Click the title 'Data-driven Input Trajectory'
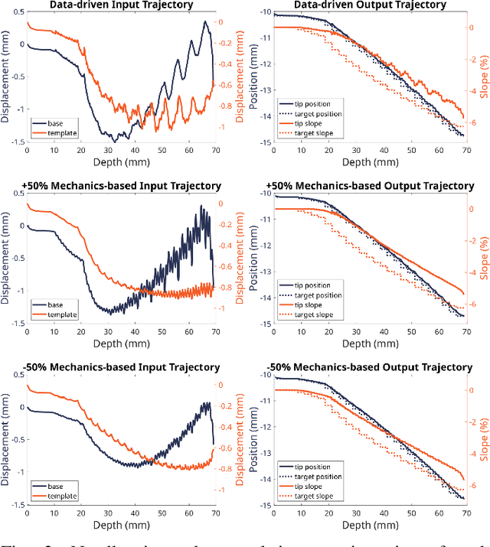(122, 5)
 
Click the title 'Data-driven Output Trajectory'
(370, 5)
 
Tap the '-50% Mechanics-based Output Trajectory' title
(370, 367)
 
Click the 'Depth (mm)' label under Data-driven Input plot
(122, 162)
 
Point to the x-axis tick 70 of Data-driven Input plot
(215, 151)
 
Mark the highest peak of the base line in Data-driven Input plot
(205, 22)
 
